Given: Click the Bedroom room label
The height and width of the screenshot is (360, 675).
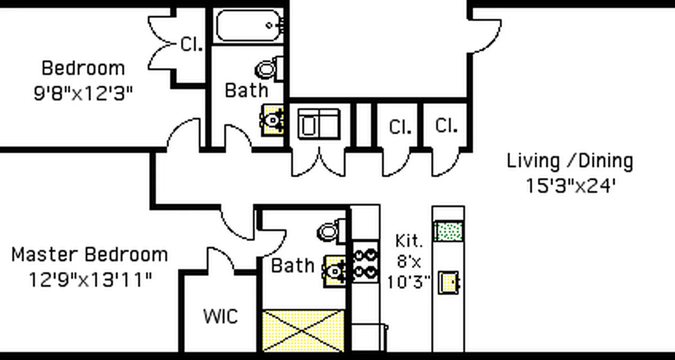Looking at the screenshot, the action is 83,68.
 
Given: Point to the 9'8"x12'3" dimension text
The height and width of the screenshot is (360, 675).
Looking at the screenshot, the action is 83,94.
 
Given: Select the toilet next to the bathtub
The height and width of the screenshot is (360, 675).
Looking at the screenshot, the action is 270,69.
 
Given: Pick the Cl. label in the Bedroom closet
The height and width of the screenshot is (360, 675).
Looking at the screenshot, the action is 191,44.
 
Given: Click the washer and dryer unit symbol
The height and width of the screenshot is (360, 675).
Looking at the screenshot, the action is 319,124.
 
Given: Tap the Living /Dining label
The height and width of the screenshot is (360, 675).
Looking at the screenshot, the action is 570,161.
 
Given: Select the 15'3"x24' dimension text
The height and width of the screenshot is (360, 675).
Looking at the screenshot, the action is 570,185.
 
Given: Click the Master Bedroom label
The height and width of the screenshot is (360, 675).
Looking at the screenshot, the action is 90,255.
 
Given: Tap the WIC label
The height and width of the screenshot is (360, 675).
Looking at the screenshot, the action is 220,316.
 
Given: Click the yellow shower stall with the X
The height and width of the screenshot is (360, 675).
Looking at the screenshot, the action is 303,331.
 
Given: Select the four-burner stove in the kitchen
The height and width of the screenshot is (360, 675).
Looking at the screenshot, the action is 365,263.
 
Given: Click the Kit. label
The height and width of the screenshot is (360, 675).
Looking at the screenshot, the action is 409,241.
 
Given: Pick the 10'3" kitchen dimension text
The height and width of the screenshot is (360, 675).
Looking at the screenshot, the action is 409,282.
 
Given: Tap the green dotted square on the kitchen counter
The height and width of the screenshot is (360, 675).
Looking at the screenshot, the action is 449,231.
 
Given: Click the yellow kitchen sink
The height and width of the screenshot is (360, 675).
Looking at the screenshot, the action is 449,283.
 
